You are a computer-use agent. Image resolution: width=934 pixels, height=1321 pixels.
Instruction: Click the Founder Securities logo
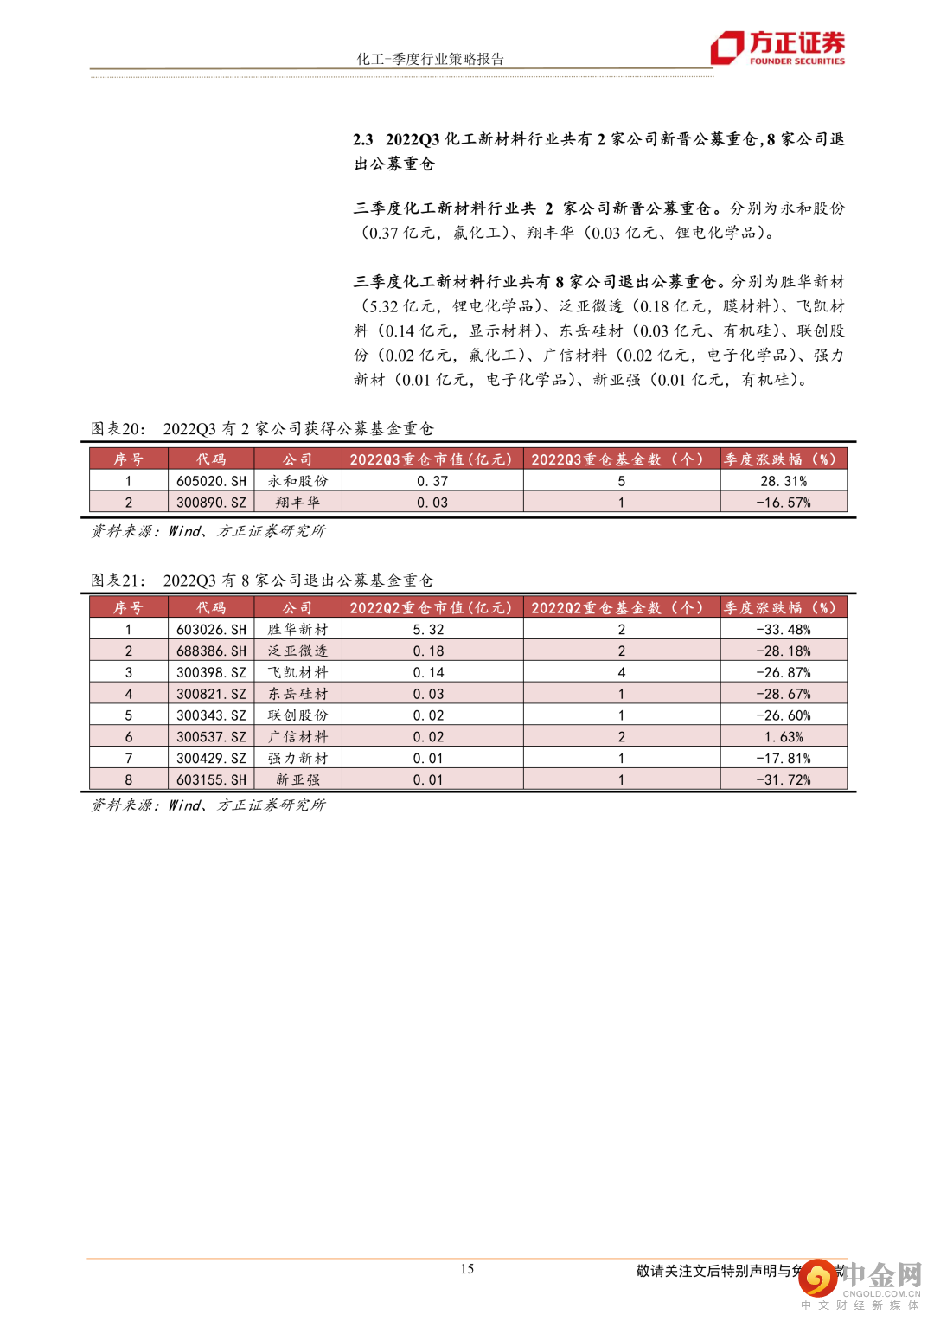777,48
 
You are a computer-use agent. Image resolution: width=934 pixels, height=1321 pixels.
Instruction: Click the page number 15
467,1268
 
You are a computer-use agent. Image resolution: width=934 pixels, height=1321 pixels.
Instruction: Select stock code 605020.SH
211,481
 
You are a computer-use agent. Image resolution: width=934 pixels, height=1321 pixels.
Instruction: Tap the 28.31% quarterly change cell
784,481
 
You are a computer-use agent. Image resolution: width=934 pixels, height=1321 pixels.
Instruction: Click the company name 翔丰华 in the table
297,503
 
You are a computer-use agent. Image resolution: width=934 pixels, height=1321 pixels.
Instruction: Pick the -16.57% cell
784,503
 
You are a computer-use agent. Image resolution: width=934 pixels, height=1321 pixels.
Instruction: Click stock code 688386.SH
211,651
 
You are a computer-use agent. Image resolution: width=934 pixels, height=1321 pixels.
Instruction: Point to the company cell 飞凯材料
297,672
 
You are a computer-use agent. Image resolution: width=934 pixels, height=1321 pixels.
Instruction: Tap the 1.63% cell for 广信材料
784,737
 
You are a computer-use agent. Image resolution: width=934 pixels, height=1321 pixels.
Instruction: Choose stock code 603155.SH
211,779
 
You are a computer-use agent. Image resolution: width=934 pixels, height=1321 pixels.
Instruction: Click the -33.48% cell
784,630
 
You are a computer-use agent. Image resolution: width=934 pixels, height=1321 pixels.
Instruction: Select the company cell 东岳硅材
297,694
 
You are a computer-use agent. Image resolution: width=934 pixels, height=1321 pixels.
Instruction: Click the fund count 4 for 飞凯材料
621,672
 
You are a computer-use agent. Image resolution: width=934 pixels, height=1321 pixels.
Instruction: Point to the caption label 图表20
118,429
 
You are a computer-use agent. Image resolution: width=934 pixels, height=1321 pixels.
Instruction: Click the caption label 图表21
118,580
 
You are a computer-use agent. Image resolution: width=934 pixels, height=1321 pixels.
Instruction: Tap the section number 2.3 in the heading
363,139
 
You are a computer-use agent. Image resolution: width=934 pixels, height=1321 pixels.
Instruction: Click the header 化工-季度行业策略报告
430,59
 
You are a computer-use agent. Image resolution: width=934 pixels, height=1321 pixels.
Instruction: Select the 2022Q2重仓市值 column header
431,608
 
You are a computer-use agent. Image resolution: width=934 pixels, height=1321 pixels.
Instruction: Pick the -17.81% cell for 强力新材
784,759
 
